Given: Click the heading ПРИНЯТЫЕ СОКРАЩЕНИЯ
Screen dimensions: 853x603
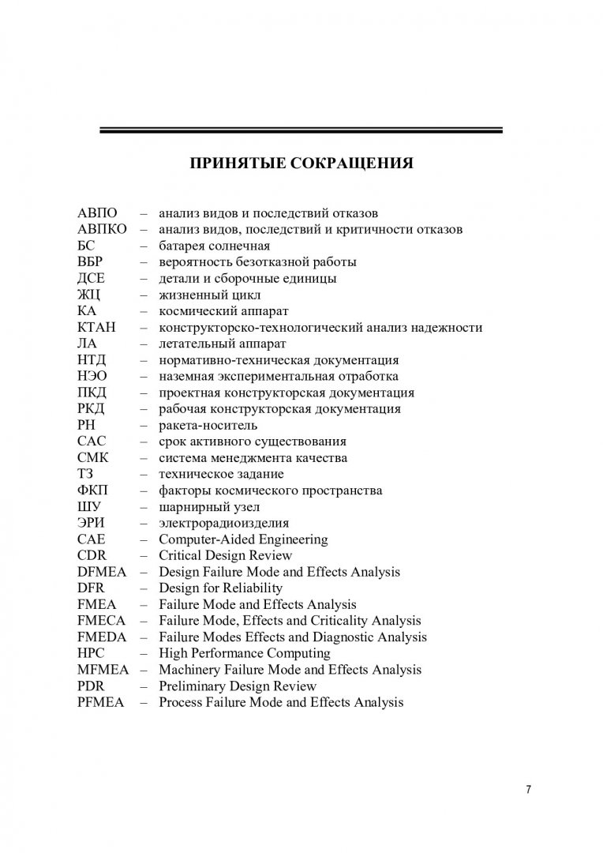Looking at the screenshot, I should [x=301, y=164].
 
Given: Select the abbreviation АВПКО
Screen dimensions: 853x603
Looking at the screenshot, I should [x=102, y=229].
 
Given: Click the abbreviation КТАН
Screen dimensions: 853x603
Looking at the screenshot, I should [x=96, y=327].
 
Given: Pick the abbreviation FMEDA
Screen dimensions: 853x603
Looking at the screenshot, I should [x=102, y=637].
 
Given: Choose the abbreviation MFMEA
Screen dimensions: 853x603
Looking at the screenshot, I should [x=103, y=670].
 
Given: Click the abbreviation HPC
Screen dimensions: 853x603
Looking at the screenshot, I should [x=92, y=653].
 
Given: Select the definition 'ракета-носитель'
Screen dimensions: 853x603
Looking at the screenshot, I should [x=208, y=425].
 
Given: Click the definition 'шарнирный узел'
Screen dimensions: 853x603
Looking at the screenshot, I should [x=209, y=506].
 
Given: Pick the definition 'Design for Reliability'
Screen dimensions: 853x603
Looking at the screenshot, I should [x=221, y=588].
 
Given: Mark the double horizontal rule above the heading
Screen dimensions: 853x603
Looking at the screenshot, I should [x=301, y=130].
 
